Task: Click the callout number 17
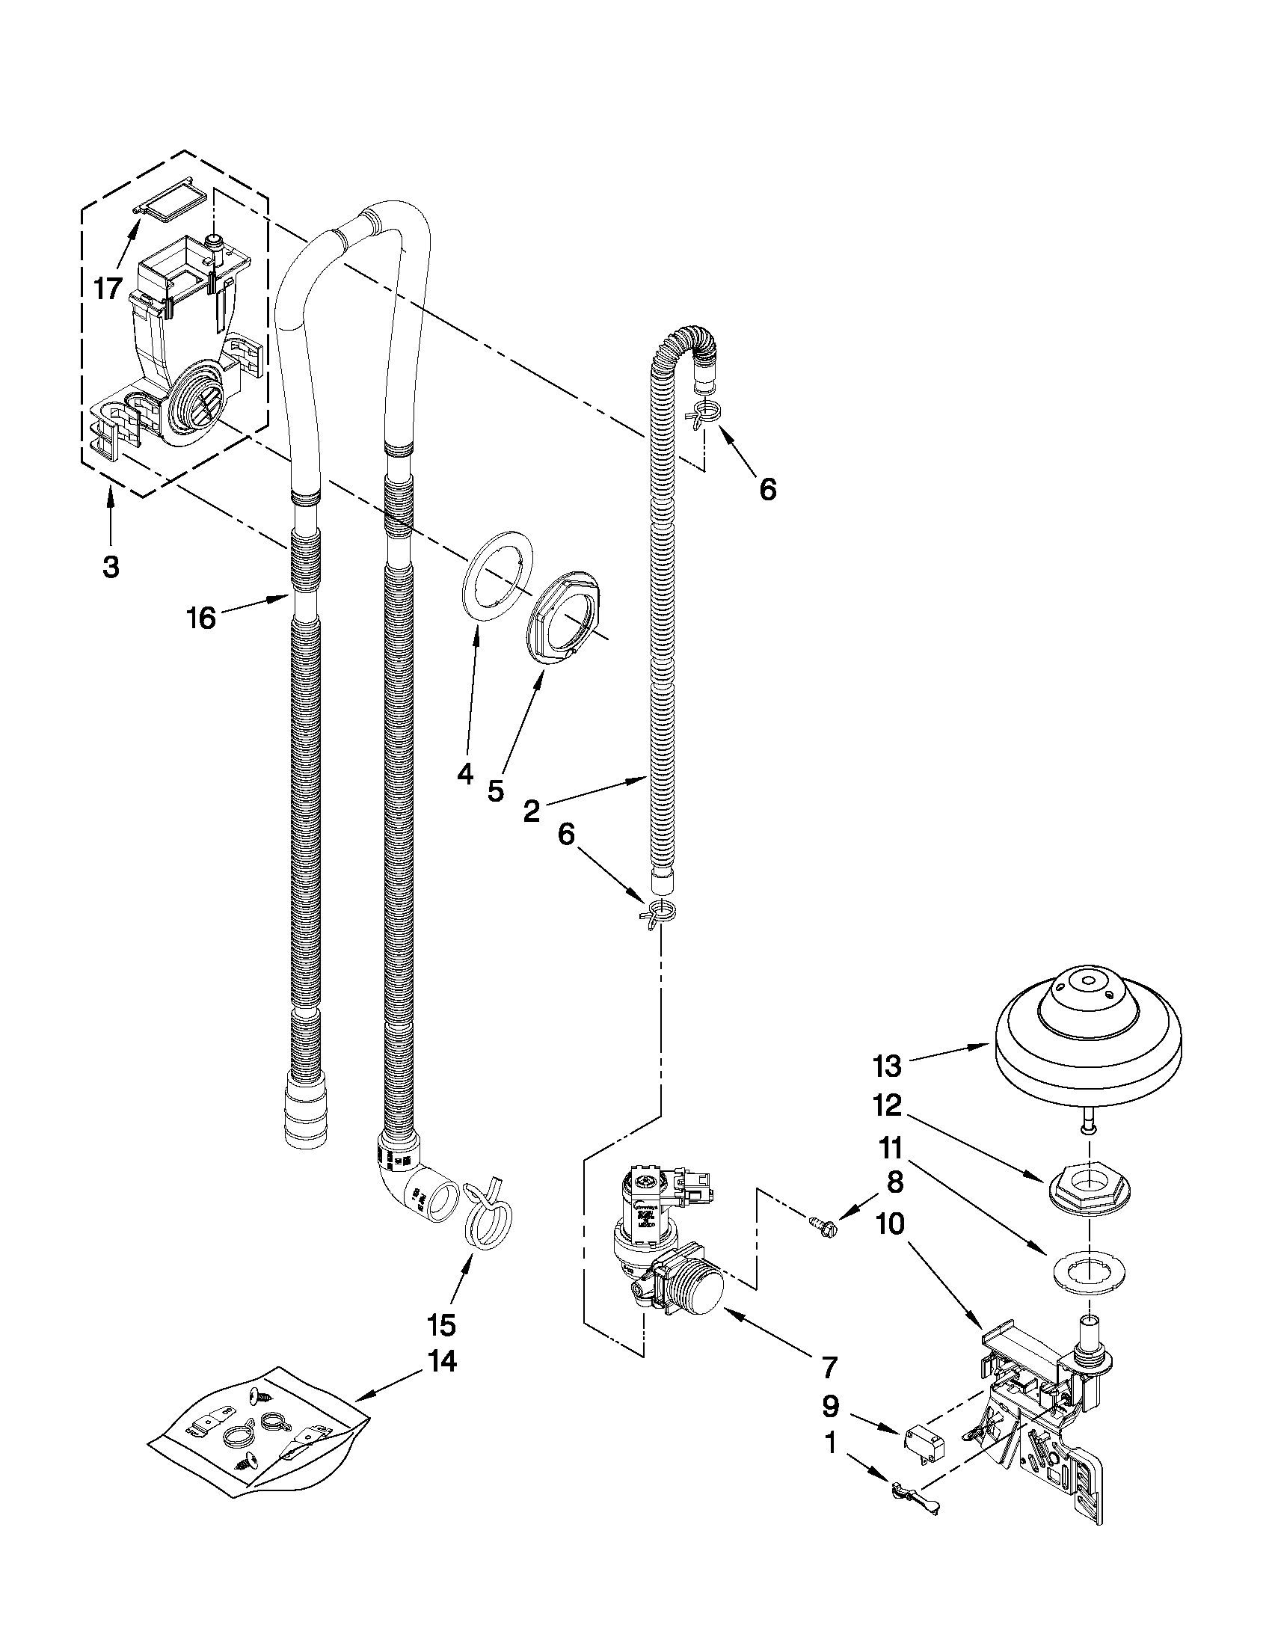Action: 108,288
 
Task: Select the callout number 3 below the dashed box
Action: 111,567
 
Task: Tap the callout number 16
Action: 201,618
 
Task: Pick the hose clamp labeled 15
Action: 488,1218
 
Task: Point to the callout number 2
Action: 531,811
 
